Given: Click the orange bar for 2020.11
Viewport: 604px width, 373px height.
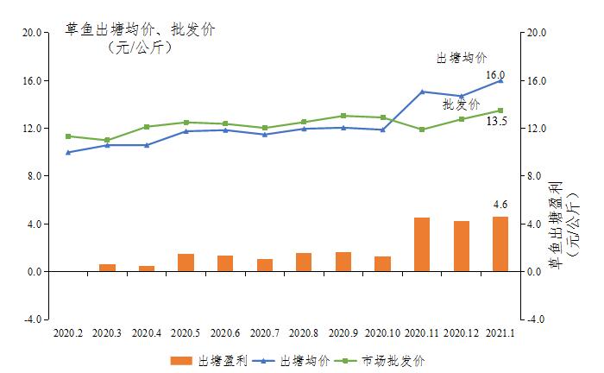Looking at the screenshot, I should tap(422, 244).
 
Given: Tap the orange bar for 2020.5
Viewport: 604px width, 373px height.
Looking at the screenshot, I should tap(186, 262).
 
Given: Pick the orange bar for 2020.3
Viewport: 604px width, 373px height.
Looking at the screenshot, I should tap(107, 268).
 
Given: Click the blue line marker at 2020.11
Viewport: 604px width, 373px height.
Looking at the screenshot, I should tap(422, 92).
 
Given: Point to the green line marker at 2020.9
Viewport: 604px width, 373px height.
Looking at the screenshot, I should tap(343, 116).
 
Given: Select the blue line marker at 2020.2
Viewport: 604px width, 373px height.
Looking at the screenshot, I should tap(68, 153).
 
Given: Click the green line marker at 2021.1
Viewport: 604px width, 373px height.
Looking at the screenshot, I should tap(500, 111).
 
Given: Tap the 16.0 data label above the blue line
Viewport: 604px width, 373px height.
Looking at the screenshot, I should tap(494, 76).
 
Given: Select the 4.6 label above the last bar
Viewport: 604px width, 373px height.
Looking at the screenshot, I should tap(500, 205).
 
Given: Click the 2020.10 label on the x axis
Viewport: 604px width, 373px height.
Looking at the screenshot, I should tap(382, 332).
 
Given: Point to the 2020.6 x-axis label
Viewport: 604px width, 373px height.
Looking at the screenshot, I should tap(224, 332).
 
